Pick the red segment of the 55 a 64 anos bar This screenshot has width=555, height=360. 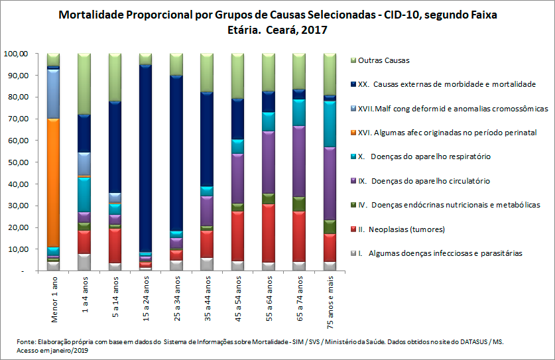point(268,233)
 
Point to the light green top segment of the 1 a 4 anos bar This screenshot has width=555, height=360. point(84,84)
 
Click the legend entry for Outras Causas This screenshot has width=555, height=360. point(383,60)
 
